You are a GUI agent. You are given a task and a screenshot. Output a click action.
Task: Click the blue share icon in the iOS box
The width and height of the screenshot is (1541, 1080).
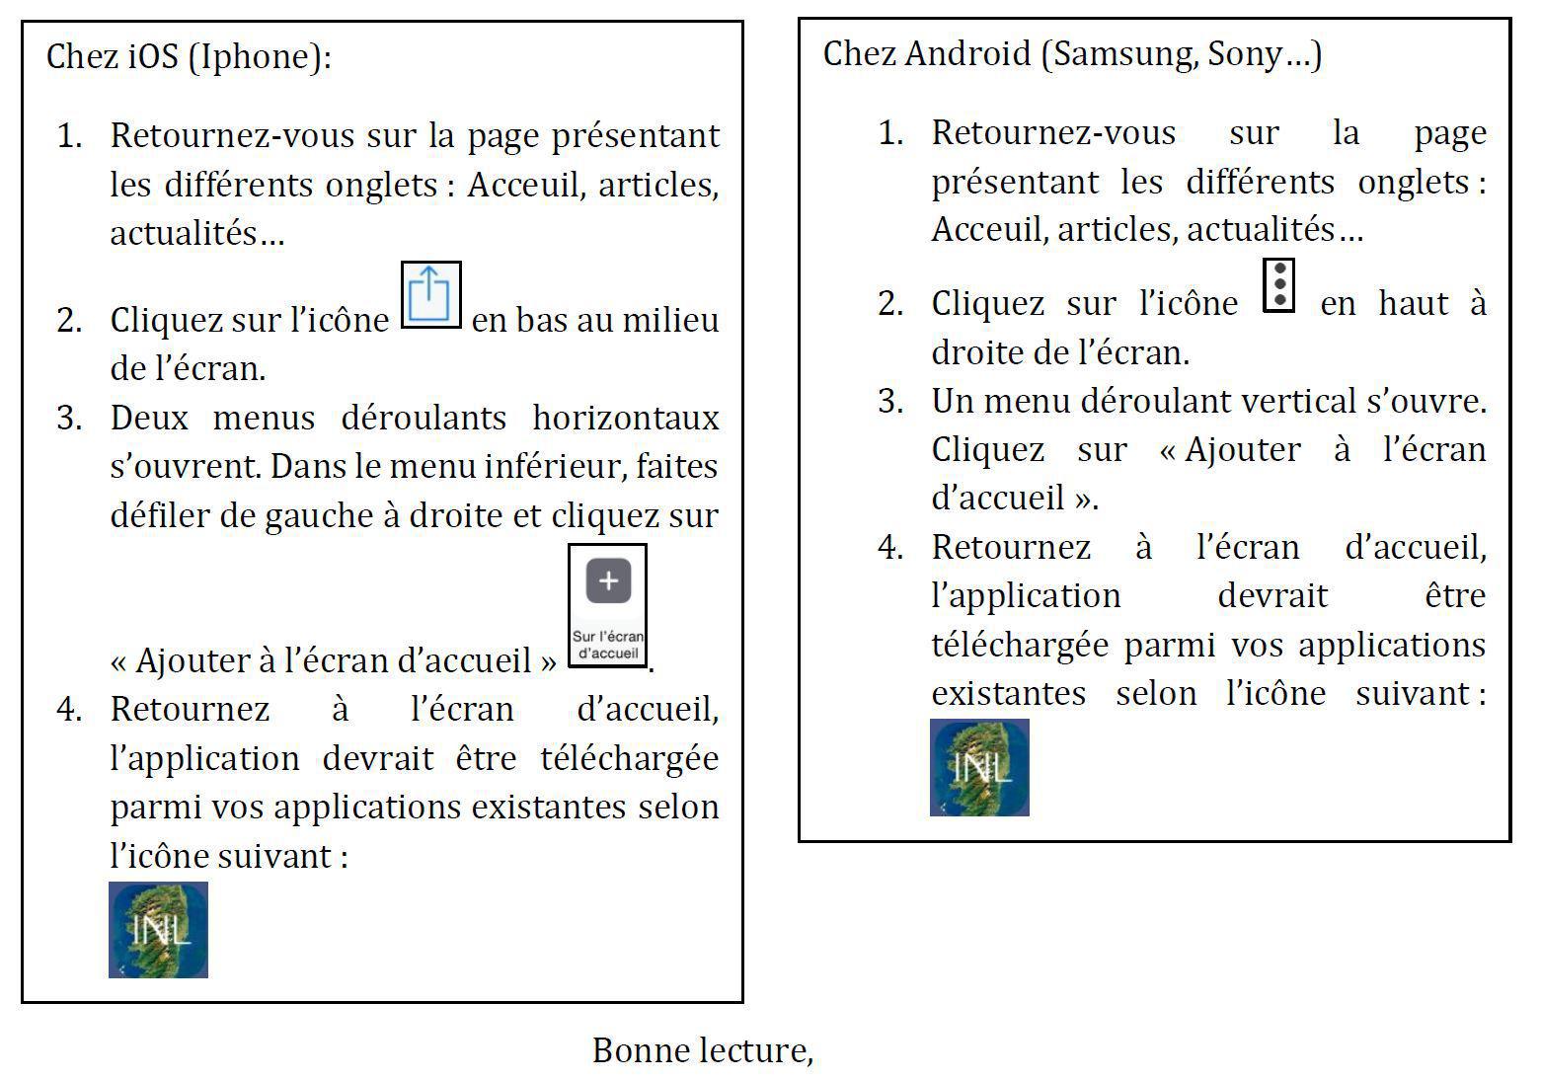coord(430,294)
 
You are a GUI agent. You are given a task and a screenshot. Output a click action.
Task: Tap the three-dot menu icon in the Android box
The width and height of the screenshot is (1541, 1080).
coord(1278,285)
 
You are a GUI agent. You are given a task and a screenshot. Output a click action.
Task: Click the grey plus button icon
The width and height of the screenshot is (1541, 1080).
coord(608,580)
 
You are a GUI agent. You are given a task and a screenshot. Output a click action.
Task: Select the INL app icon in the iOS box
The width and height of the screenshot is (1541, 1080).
coord(158,929)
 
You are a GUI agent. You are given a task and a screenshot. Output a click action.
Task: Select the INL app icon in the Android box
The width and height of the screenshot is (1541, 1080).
coord(979,767)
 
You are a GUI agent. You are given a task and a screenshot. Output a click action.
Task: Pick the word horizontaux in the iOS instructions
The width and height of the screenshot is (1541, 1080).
coord(626,418)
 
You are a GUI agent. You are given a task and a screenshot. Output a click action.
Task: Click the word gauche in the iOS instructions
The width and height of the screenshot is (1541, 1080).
coord(312,516)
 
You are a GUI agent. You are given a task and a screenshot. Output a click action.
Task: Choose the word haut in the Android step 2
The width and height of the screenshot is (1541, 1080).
coord(1414,303)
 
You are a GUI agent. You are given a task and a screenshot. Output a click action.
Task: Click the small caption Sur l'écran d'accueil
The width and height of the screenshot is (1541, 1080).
coord(608,645)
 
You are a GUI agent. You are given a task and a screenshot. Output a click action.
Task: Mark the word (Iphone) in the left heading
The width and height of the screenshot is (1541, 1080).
coord(260,57)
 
